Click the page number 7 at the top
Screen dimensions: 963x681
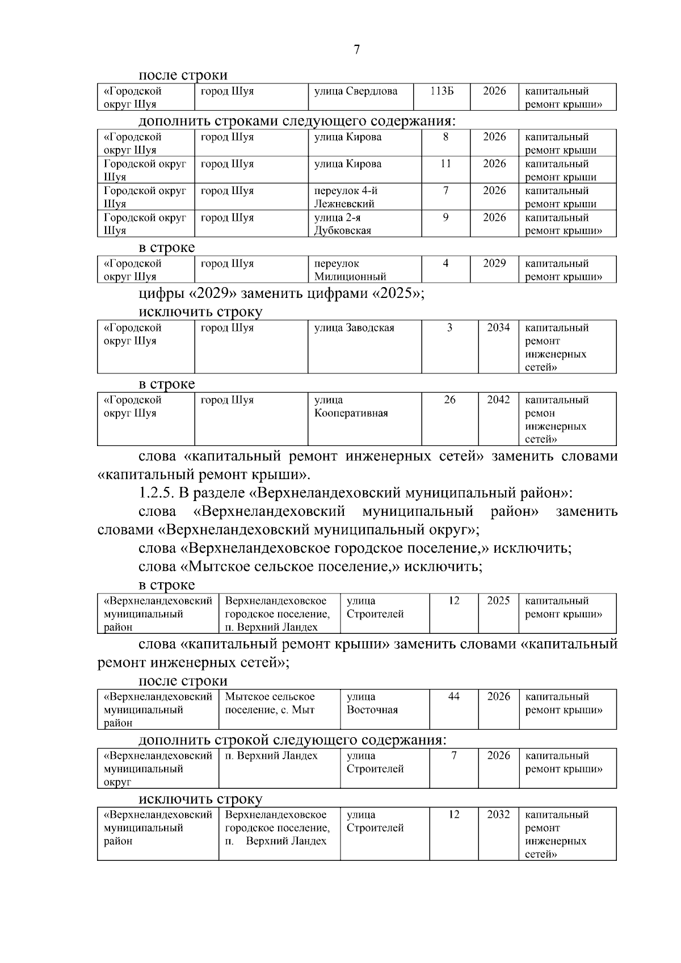click(356, 50)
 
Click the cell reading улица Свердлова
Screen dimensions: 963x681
click(356, 91)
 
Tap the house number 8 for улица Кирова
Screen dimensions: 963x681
click(445, 137)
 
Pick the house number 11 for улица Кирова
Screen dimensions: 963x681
click(445, 164)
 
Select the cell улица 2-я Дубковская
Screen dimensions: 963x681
click(343, 224)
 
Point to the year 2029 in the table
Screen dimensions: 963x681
click(494, 263)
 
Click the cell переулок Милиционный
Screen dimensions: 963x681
click(350, 270)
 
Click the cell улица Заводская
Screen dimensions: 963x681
click(354, 328)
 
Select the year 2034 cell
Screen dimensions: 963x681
click(498, 328)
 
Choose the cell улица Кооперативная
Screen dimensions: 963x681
click(351, 407)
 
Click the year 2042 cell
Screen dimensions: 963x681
click(498, 400)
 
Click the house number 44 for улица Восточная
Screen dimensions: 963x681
click(453, 697)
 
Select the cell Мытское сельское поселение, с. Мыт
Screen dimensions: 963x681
click(270, 703)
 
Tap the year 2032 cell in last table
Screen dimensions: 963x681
click(498, 815)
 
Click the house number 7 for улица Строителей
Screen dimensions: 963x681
click(453, 756)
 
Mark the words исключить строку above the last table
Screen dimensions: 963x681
click(200, 800)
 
